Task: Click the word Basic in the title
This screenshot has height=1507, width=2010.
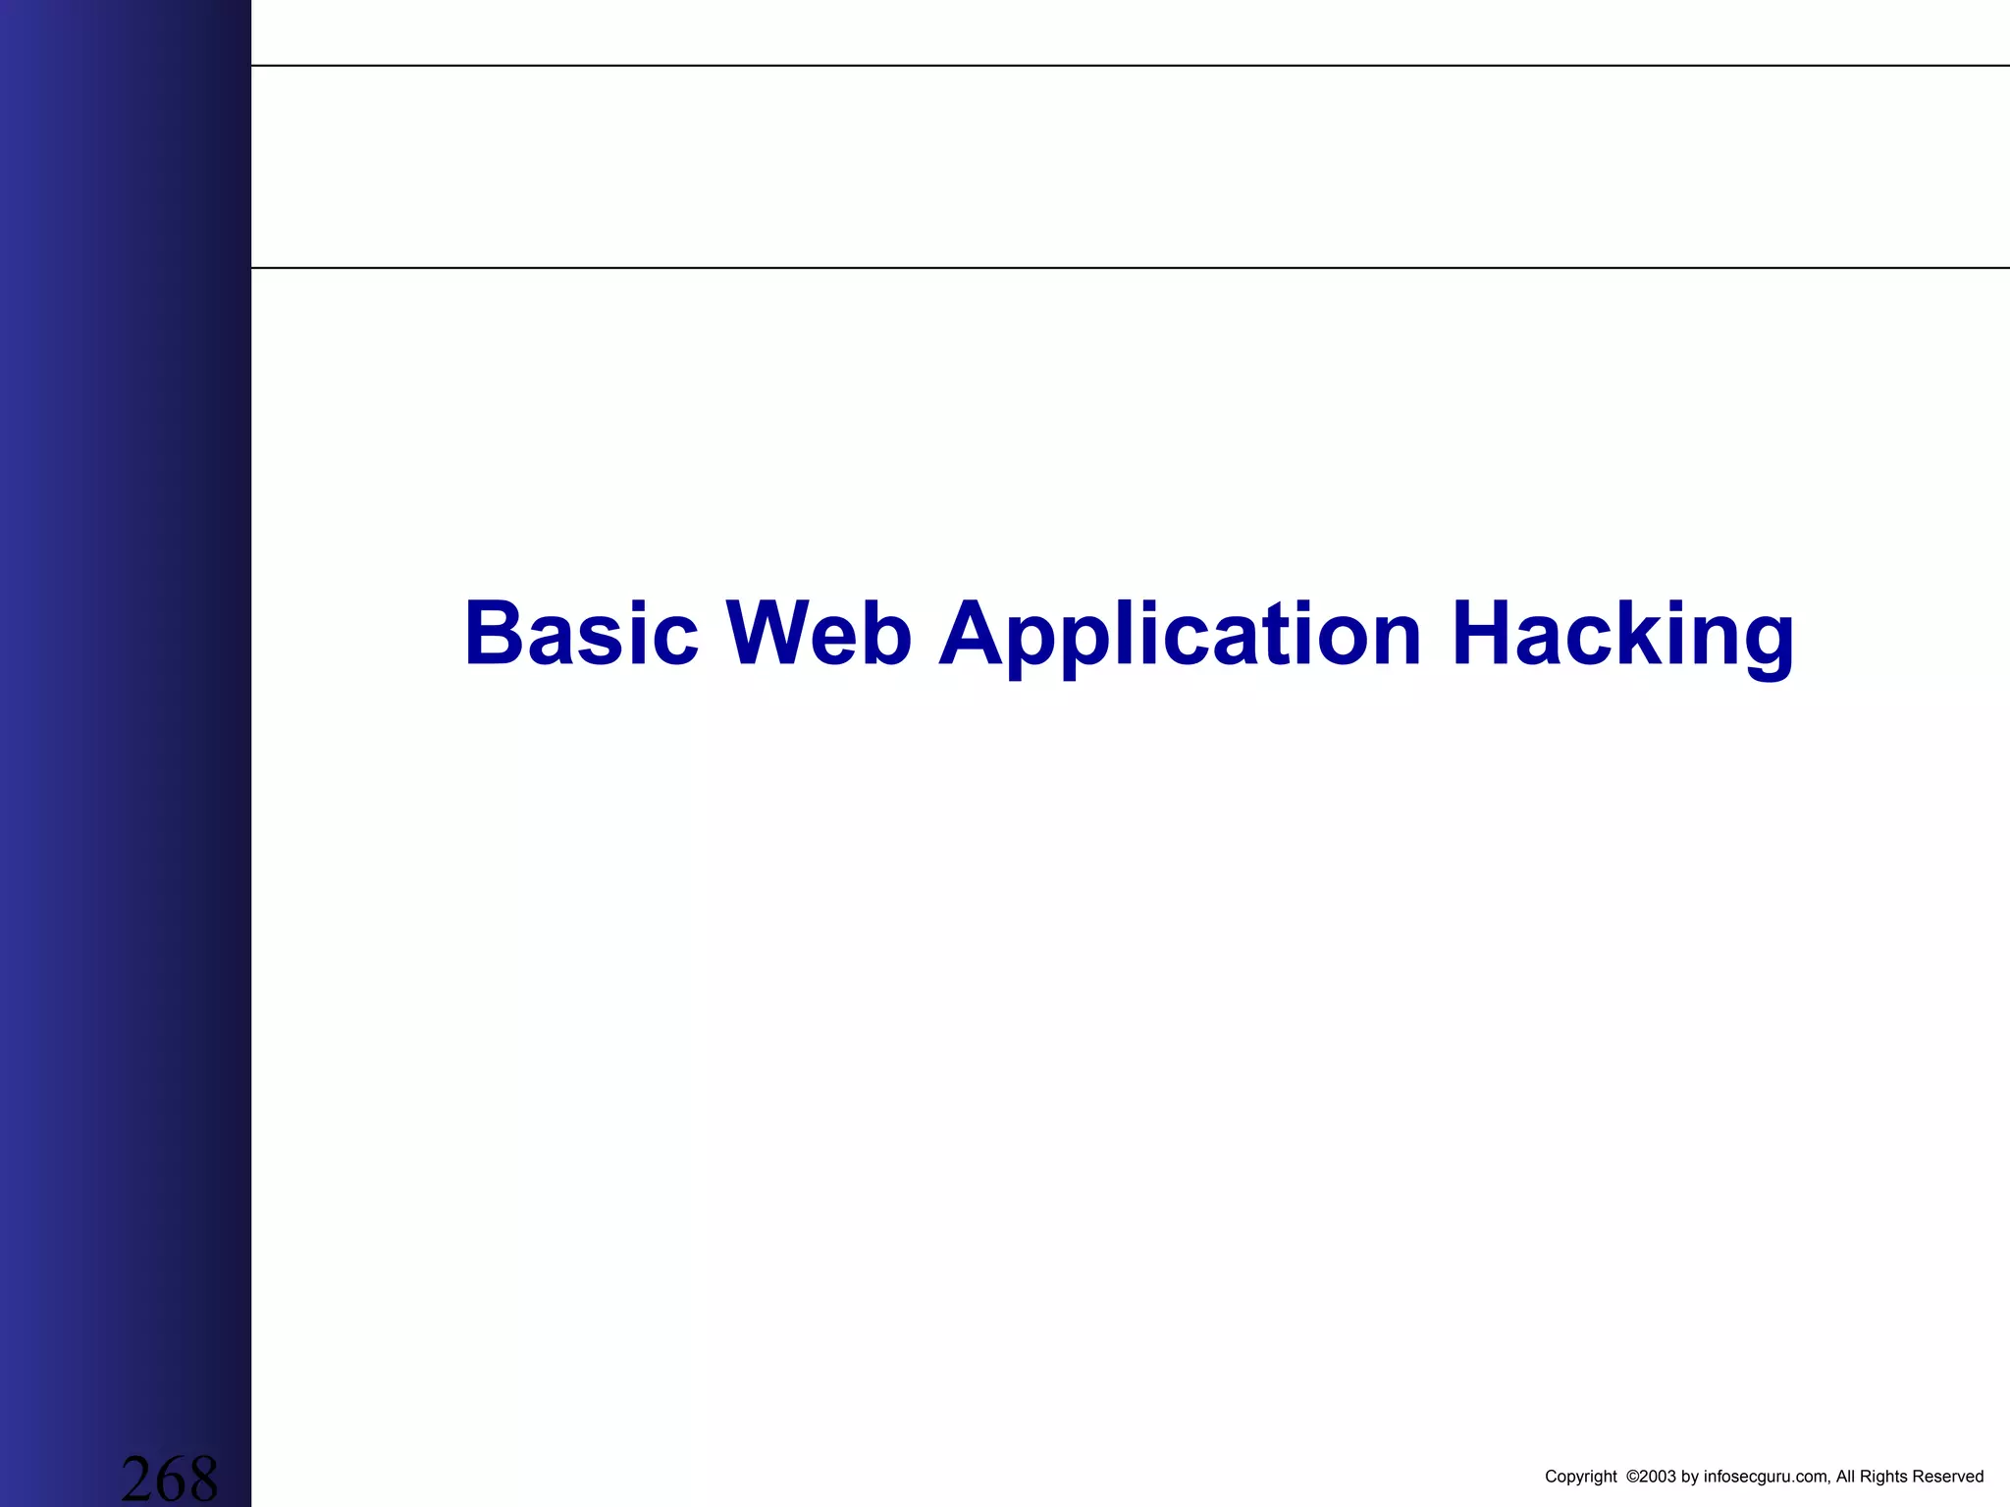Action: (581, 634)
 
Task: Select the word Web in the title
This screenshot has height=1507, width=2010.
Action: (819, 634)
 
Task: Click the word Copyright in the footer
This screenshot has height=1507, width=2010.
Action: (1580, 1477)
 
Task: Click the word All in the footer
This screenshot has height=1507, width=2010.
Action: (1846, 1477)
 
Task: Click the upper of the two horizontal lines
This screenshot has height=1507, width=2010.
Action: (1129, 66)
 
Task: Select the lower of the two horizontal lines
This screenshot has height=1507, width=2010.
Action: (1129, 267)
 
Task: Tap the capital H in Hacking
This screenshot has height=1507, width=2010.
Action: (1483, 634)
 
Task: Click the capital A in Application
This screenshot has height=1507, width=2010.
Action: (974, 634)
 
